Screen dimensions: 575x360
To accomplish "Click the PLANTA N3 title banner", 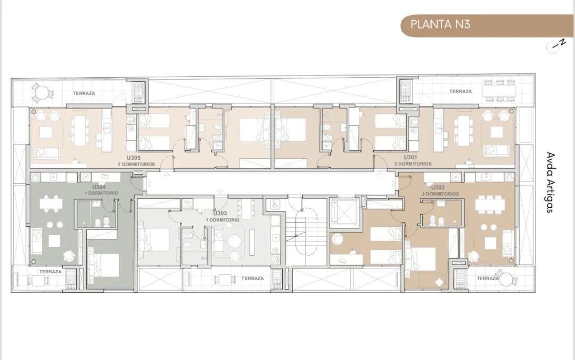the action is click(487, 26).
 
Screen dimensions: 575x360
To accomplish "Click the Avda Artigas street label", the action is click(549, 182).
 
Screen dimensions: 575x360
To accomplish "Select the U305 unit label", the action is click(134, 158).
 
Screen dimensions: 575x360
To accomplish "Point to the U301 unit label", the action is click(410, 157).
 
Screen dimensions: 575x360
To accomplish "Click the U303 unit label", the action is click(220, 213).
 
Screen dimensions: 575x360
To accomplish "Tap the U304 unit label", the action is click(99, 187).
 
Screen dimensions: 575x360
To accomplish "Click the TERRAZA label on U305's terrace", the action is click(84, 94).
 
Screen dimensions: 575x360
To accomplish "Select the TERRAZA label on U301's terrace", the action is click(461, 92).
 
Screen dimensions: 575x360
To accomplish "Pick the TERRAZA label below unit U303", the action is click(253, 279).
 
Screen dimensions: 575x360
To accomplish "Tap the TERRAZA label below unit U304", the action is click(50, 272).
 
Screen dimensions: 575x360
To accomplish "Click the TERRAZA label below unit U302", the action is click(487, 279).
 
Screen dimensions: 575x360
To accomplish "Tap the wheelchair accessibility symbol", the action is click(274, 205).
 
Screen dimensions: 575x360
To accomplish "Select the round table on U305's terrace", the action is click(42, 92).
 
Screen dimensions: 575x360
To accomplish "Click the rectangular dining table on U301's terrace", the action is click(499, 91).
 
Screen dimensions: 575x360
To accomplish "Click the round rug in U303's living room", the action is click(235, 241).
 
